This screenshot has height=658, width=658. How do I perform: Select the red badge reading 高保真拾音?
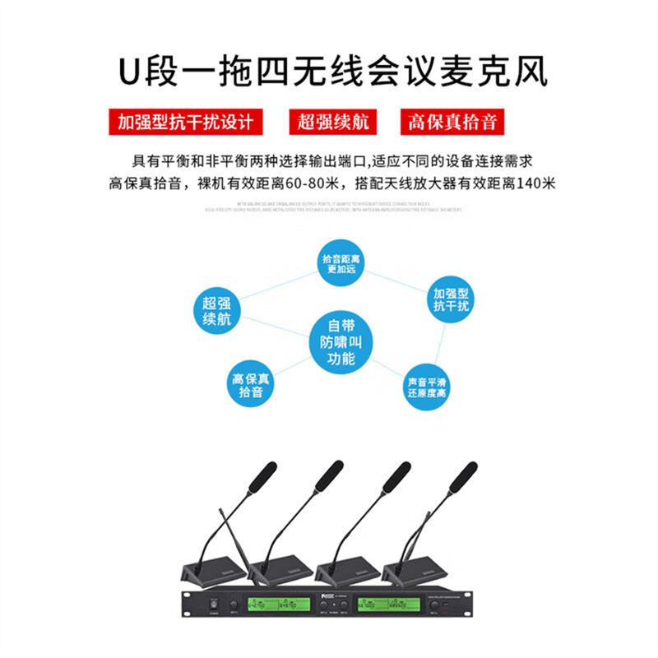click(452, 123)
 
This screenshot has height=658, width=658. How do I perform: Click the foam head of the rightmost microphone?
click(464, 475)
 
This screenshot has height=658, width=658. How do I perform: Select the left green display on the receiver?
click(278, 605)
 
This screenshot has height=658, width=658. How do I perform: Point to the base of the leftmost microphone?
click(215, 568)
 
